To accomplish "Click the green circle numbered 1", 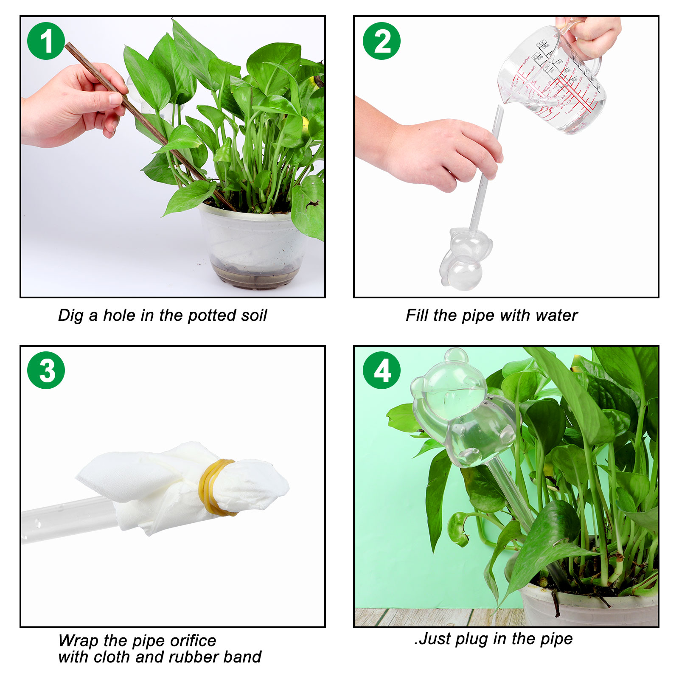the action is [x=46, y=41].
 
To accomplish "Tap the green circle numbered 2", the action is [x=382, y=41].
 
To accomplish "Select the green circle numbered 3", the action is [x=46, y=370].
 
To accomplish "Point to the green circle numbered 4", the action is [x=382, y=370].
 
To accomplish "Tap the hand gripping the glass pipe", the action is [x=429, y=149].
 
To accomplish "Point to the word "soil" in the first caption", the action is [x=254, y=315].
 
